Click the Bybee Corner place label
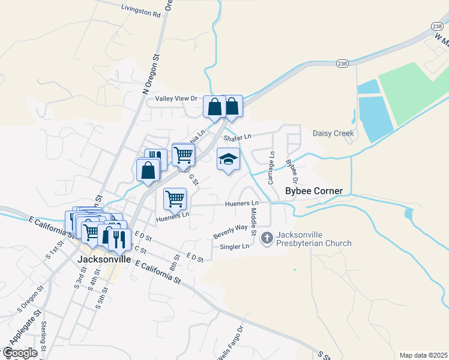[x=313, y=191]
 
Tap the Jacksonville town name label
[x=104, y=260]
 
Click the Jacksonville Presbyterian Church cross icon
[x=267, y=238]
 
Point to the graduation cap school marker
[x=228, y=160]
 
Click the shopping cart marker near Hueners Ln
[x=175, y=198]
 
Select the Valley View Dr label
[x=176, y=98]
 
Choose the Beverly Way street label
[x=231, y=231]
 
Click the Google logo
[x=20, y=352]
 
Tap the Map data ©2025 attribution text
[x=423, y=355]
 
